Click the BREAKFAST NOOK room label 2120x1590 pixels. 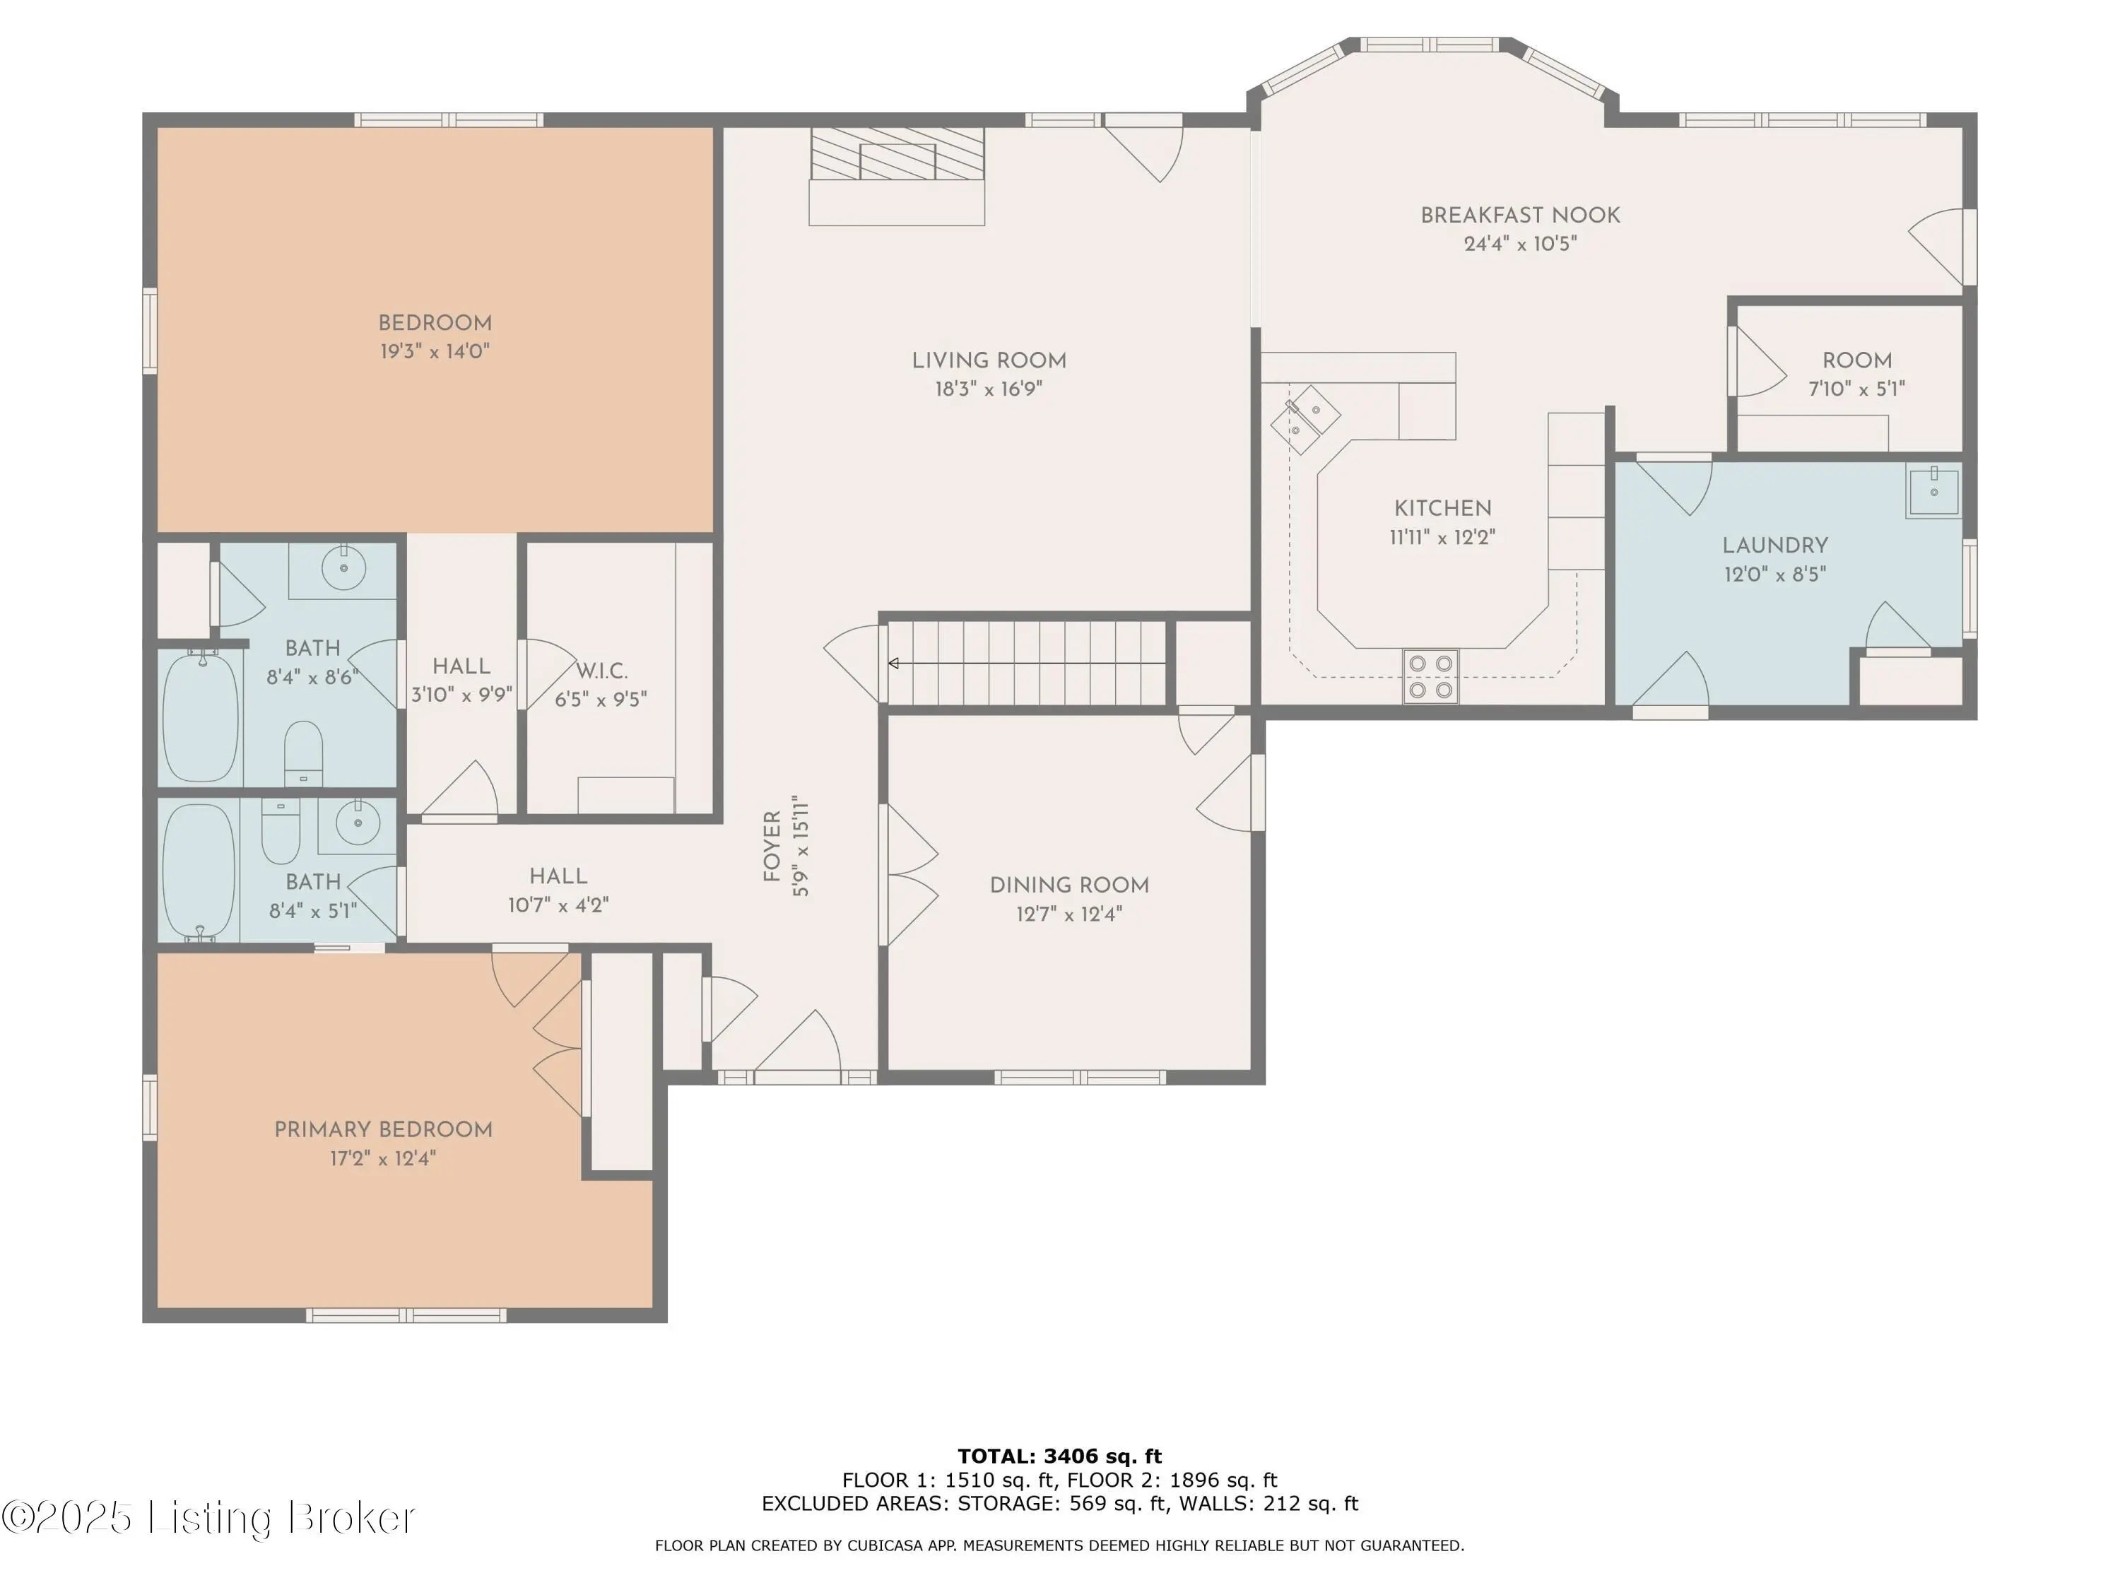(x=1520, y=216)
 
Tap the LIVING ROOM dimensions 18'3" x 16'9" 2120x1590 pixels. (x=989, y=389)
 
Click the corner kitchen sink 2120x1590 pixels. (x=1305, y=419)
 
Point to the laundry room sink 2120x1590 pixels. (x=1933, y=492)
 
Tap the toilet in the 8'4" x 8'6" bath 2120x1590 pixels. (x=304, y=753)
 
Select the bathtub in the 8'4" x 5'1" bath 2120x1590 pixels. (x=199, y=869)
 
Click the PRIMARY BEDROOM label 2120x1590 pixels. (x=383, y=1130)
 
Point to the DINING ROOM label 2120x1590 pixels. (x=1070, y=885)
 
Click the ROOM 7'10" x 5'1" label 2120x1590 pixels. (x=1857, y=375)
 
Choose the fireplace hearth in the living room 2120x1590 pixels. (x=897, y=177)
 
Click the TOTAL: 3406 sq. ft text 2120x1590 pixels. (x=1060, y=1456)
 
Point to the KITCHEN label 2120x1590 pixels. (x=1442, y=509)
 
